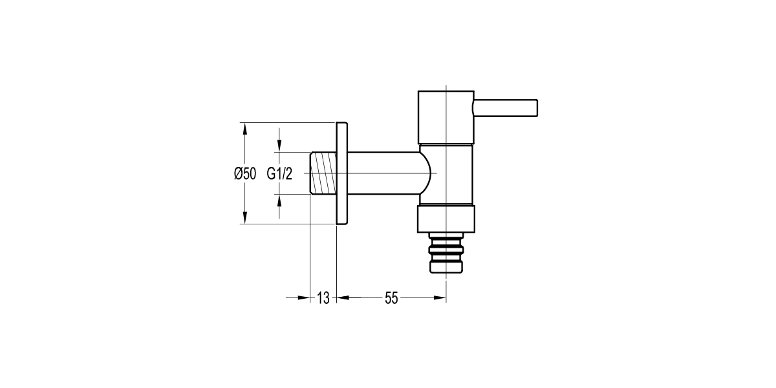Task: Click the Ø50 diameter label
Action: pyautogui.click(x=245, y=173)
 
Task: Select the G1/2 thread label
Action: pyautogui.click(x=279, y=173)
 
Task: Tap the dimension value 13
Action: pyautogui.click(x=323, y=298)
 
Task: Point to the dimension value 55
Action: pyautogui.click(x=391, y=298)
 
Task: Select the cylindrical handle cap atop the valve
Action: pyautogui.click(x=446, y=116)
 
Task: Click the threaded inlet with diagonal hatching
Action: pyautogui.click(x=323, y=173)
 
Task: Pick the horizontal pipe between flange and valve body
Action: pyautogui.click(x=385, y=173)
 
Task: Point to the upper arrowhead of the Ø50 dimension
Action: pyautogui.click(x=245, y=127)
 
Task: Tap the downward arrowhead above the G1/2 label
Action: pyautogui.click(x=279, y=147)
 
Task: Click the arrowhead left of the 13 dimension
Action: pyautogui.click(x=304, y=298)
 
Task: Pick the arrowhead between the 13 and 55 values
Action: pyautogui.click(x=343, y=298)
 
